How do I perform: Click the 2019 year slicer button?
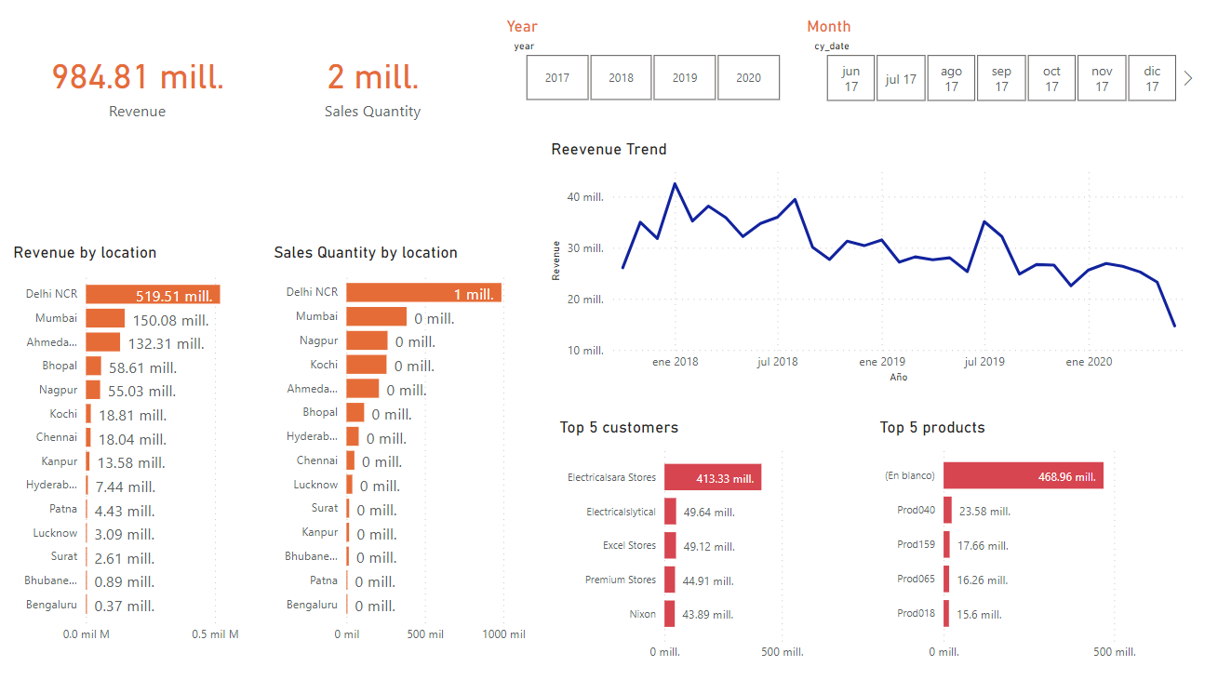click(685, 78)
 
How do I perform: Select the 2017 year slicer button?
click(557, 78)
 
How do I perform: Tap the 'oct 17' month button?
click(1051, 79)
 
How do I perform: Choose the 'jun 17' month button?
click(850, 79)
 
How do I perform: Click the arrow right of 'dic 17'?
click(1188, 79)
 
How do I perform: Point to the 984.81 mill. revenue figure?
click(138, 77)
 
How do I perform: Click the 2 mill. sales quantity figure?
click(372, 77)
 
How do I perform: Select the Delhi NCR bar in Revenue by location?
click(153, 294)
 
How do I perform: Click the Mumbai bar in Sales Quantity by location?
click(376, 317)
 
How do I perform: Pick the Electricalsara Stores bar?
click(713, 478)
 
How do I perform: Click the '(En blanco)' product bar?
click(1023, 476)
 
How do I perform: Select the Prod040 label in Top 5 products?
click(916, 510)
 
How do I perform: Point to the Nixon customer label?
click(642, 614)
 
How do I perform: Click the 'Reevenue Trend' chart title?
click(609, 150)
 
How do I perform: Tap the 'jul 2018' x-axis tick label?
click(778, 362)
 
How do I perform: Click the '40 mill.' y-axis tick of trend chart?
click(585, 197)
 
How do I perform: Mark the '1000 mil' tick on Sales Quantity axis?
click(503, 634)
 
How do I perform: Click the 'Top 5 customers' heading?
click(619, 428)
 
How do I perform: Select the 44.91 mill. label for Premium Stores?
click(708, 580)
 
